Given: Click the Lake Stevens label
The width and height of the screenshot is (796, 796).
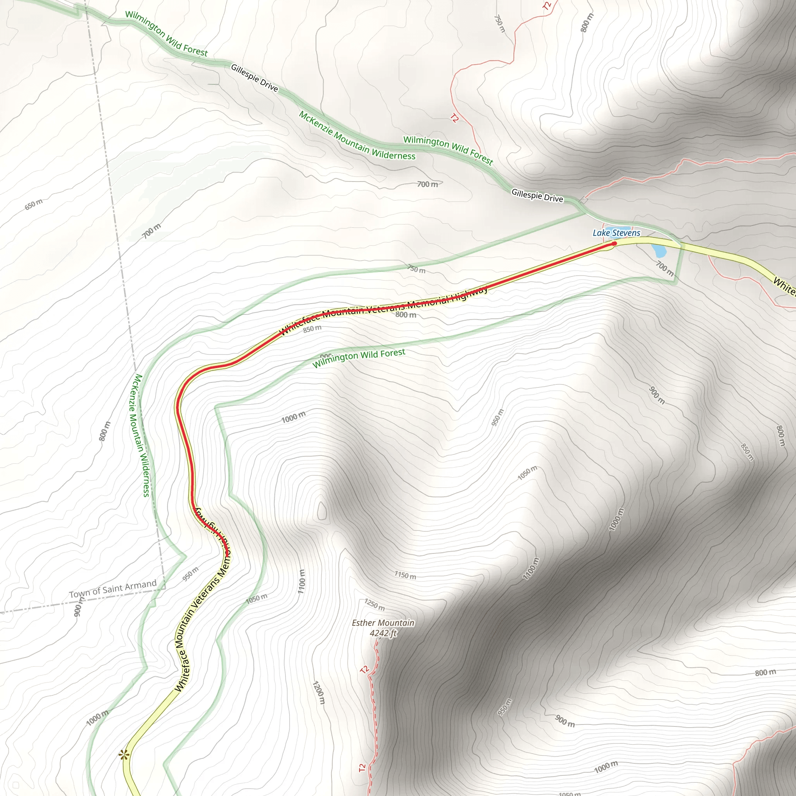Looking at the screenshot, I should pyautogui.click(x=616, y=233).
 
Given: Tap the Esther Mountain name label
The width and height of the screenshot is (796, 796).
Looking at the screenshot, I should pyautogui.click(x=383, y=623).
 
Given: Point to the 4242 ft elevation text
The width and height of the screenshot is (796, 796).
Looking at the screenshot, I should pyautogui.click(x=383, y=633).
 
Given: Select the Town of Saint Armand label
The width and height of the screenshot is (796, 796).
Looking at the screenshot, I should pyautogui.click(x=113, y=589).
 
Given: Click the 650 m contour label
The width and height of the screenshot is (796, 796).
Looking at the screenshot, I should pyautogui.click(x=33, y=204).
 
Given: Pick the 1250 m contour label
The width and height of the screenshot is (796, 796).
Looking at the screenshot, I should pyautogui.click(x=375, y=604).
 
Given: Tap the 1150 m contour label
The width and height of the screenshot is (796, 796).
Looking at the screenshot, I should pyautogui.click(x=405, y=575).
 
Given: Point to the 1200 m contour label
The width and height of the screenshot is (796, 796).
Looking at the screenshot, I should pyautogui.click(x=318, y=693).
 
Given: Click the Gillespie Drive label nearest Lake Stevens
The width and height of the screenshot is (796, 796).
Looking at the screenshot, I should pyautogui.click(x=537, y=195).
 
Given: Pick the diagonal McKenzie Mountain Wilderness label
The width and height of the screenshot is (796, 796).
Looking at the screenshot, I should pyautogui.click(x=357, y=136).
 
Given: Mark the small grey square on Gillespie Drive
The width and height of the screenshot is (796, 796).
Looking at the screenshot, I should pyautogui.click(x=583, y=200).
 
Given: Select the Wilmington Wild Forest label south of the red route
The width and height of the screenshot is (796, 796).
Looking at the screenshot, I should pyautogui.click(x=359, y=358).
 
